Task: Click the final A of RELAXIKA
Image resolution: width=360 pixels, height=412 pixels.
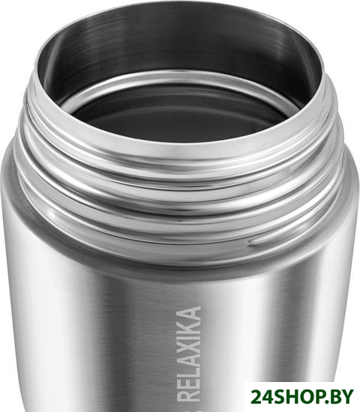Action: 189,312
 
